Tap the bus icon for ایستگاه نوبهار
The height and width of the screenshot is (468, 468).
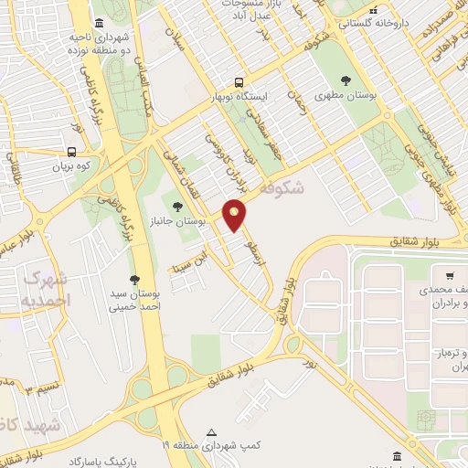(x=239, y=80)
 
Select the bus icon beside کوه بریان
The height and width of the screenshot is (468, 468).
(x=71, y=153)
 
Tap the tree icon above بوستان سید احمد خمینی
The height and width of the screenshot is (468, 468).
(x=135, y=279)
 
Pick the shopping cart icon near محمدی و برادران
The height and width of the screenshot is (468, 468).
(x=449, y=274)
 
